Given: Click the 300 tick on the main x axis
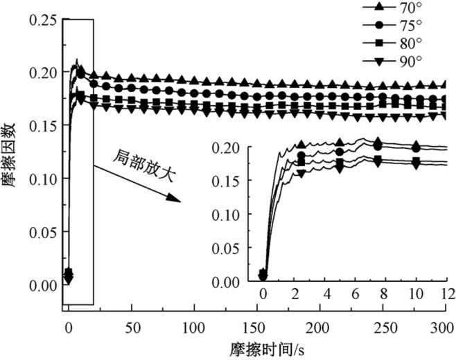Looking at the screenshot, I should click(x=442, y=325).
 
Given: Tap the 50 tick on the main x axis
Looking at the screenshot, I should click(x=130, y=325).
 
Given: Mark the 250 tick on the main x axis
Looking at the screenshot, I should click(x=380, y=325).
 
